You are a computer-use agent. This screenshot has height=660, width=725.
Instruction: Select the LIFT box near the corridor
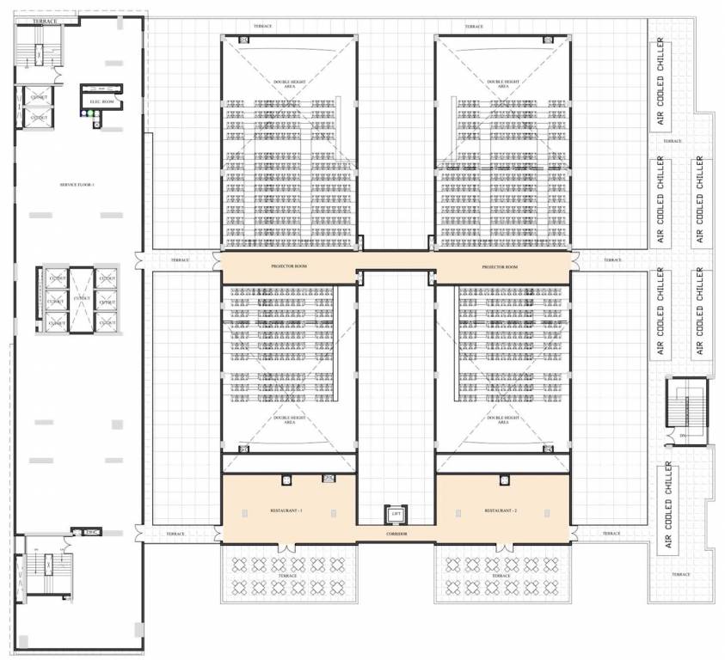(396, 515)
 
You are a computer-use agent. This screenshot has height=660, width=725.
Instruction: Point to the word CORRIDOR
(396, 535)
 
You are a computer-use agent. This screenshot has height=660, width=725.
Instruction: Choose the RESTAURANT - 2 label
(501, 511)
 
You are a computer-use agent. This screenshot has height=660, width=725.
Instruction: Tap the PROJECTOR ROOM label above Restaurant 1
(288, 266)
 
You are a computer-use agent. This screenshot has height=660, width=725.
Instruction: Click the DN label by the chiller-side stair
(682, 436)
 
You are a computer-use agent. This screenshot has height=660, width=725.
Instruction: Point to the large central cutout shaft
(82, 298)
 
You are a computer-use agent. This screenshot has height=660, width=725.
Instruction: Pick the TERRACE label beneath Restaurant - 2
(501, 576)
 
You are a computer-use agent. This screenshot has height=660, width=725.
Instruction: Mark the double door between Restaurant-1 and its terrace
(288, 543)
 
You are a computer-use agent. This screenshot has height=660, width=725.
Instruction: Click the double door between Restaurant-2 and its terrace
(501, 543)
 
